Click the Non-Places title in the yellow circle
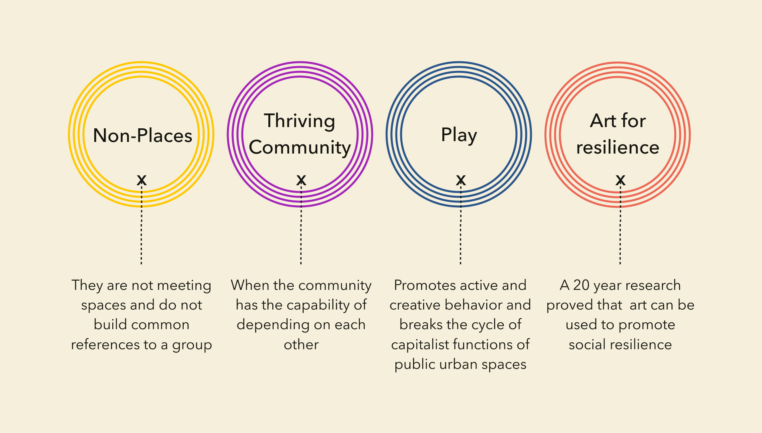(x=142, y=136)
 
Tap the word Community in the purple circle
(x=300, y=148)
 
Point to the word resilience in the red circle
(x=618, y=148)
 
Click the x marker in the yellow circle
(x=142, y=180)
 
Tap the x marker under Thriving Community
(x=301, y=180)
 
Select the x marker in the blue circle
(x=461, y=180)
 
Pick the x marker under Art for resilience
(x=620, y=180)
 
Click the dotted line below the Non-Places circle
(x=141, y=225)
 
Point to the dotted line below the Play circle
(x=460, y=225)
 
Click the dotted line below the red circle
(x=620, y=225)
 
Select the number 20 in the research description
(x=582, y=285)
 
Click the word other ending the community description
(x=301, y=344)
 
